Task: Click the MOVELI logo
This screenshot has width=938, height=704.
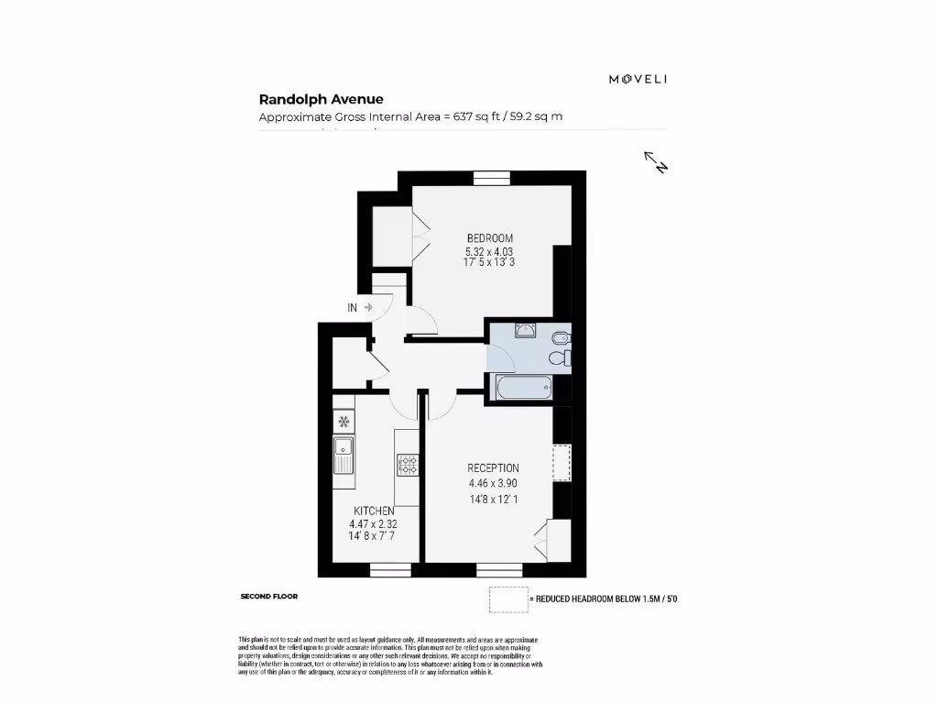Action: [x=638, y=79]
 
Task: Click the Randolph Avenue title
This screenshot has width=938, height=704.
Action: [x=321, y=100]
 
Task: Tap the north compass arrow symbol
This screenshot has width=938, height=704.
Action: [x=656, y=162]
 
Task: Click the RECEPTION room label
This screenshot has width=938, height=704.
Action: [x=493, y=467]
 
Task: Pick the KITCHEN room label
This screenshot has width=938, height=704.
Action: [x=374, y=511]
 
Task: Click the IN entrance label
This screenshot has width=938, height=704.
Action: [x=353, y=308]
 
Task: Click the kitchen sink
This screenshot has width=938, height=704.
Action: [x=344, y=453]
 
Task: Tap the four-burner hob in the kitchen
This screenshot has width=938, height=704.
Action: [x=408, y=465]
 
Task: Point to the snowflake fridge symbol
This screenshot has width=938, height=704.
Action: [x=344, y=422]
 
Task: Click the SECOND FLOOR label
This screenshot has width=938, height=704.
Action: [x=268, y=597]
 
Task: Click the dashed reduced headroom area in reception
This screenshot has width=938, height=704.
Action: [x=562, y=463]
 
